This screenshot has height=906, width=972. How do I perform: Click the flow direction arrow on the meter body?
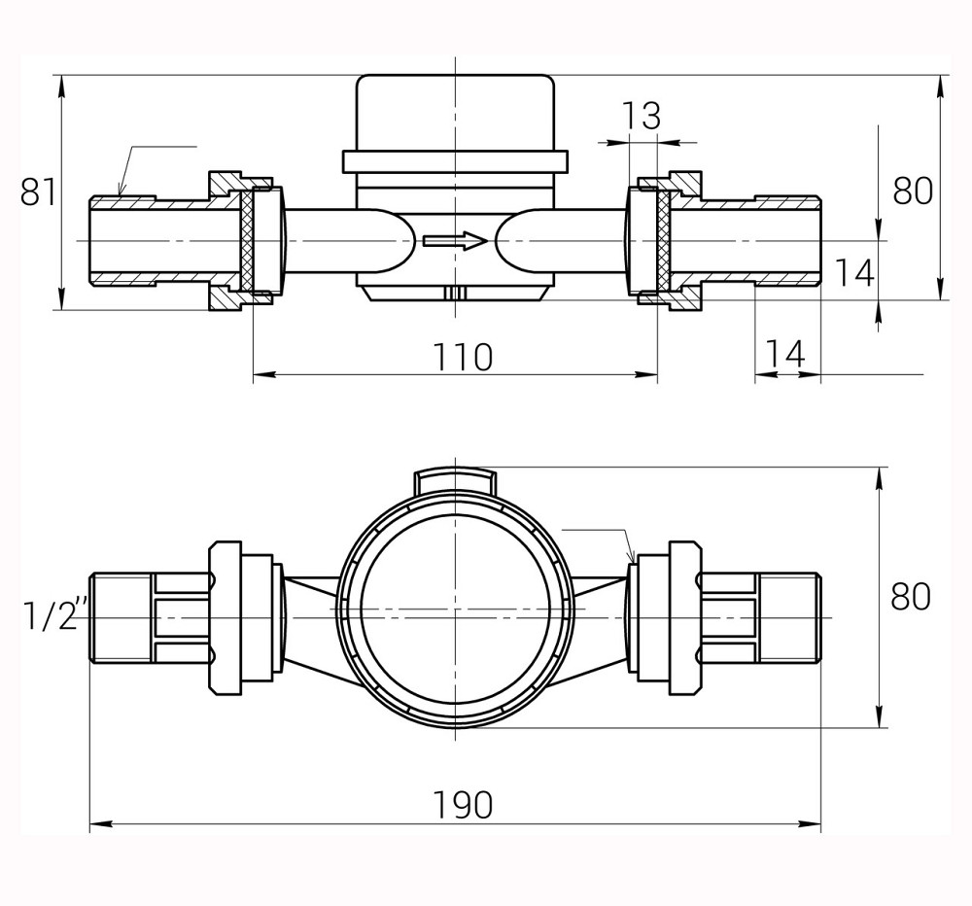(455, 240)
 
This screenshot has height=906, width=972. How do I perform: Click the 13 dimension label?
(641, 117)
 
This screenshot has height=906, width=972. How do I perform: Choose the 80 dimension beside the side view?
(913, 192)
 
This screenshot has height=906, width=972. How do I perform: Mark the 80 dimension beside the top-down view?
(911, 596)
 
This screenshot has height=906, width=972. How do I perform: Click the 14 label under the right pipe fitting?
(784, 355)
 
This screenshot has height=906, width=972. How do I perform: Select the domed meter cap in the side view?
(455, 112)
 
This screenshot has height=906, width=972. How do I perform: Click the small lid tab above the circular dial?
(455, 479)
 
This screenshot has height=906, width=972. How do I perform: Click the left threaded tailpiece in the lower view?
(121, 617)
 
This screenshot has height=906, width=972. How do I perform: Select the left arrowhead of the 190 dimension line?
(98, 824)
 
